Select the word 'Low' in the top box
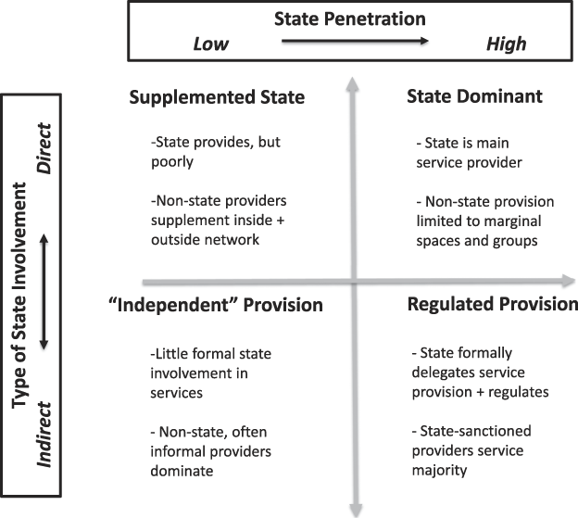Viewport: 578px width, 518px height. (210, 44)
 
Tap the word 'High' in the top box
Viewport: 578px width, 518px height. (506, 44)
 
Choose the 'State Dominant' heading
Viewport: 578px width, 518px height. (473, 96)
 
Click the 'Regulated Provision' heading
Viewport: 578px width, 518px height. (492, 305)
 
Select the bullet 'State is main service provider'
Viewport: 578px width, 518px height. (470, 154)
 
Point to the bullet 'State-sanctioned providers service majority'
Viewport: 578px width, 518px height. (468, 460)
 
